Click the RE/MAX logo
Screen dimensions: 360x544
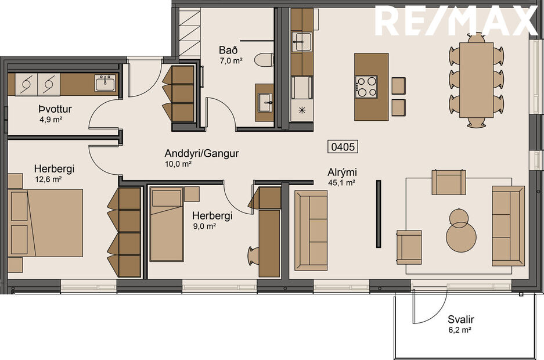(456, 20)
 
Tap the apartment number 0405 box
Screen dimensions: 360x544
(343, 147)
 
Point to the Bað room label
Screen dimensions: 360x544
(226, 49)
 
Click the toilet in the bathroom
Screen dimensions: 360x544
(265, 59)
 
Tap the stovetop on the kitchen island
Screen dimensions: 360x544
(366, 87)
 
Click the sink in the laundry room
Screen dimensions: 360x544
(105, 83)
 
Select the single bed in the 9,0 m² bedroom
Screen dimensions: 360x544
(167, 224)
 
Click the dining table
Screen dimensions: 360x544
(477, 78)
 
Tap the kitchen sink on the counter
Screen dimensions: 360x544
(302, 41)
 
